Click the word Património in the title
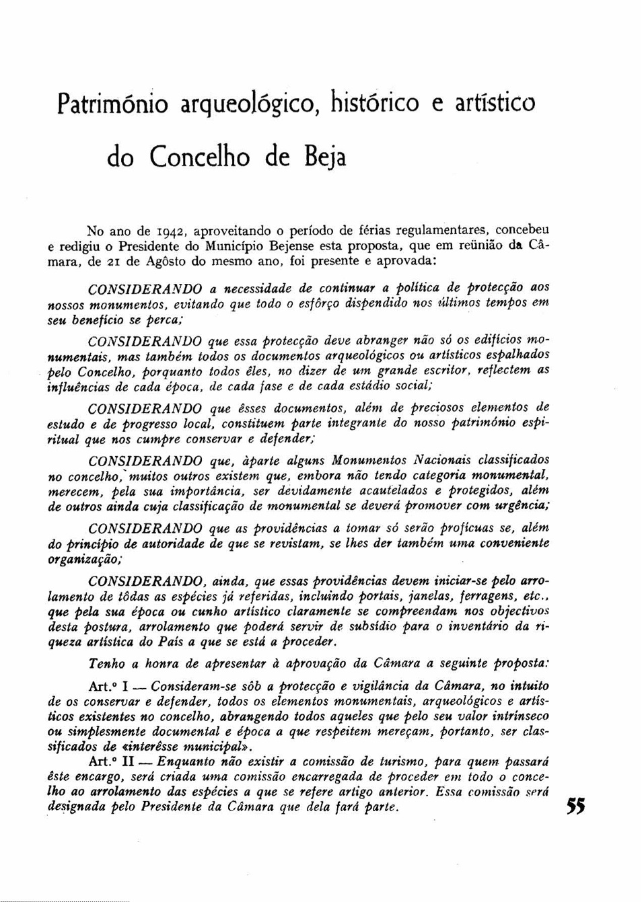coord(112,104)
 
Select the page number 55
coord(575,806)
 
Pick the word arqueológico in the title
coord(247,104)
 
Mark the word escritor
coord(447,371)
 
